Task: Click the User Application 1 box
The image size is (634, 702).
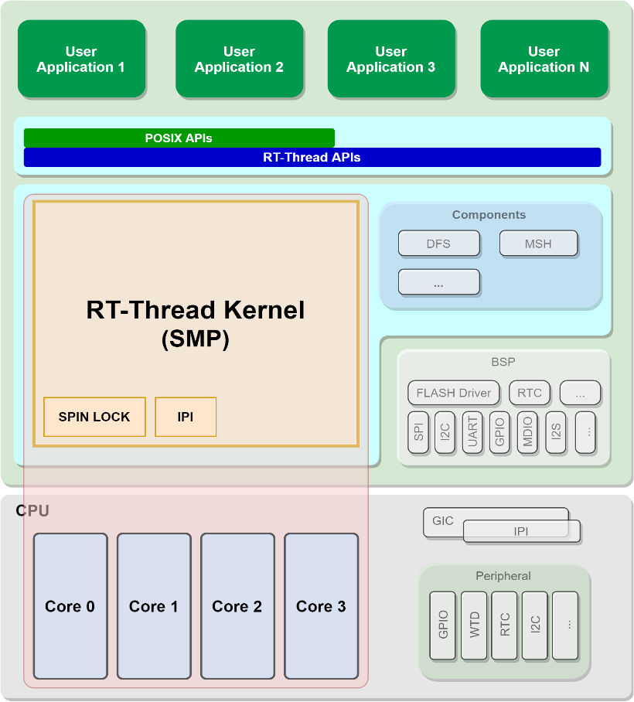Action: [x=81, y=60]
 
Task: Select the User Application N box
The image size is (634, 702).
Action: [x=544, y=60]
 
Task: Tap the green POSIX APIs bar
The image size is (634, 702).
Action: [x=179, y=138]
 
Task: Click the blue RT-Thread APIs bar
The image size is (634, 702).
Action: [x=312, y=158]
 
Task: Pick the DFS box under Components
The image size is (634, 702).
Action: [x=438, y=244]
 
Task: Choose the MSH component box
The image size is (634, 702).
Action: [x=538, y=244]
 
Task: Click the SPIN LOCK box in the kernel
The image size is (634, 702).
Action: [x=94, y=417]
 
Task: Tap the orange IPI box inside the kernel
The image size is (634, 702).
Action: [x=186, y=417]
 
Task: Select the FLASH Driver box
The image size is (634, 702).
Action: [x=454, y=393]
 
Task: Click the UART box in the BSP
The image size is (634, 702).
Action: [x=472, y=432]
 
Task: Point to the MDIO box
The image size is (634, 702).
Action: [x=527, y=432]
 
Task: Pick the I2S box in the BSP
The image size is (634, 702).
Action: [x=556, y=432]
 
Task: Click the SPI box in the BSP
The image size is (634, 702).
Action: [x=418, y=432]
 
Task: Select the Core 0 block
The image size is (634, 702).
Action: [x=70, y=606]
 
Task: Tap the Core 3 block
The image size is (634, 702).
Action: [x=321, y=606]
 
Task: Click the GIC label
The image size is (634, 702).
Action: [x=443, y=521]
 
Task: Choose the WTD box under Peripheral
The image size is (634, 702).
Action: [x=475, y=625]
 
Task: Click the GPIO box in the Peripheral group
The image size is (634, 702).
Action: [x=443, y=625]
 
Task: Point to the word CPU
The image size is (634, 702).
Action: [x=32, y=511]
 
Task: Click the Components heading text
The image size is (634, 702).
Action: [x=489, y=215]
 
